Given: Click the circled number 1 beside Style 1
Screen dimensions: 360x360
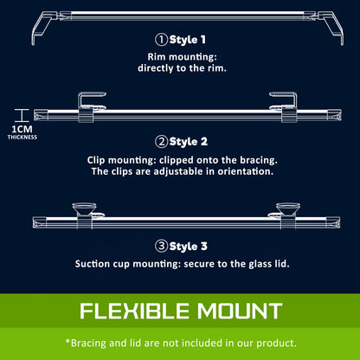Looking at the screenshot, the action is tap(161, 40).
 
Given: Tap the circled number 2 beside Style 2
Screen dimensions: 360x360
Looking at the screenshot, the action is tap(161, 142).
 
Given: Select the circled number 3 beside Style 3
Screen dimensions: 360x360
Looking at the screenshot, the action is tap(161, 247).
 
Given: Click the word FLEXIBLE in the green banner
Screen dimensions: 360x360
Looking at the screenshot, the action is tap(134, 311).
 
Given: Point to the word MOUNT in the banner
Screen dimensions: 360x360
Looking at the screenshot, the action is tap(240, 311).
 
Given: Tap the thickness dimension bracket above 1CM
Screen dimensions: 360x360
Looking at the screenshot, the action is tap(22, 115).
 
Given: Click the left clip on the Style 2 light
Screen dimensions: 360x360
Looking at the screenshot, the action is tap(86, 107).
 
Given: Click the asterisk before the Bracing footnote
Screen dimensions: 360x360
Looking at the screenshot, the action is tap(67, 341).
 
